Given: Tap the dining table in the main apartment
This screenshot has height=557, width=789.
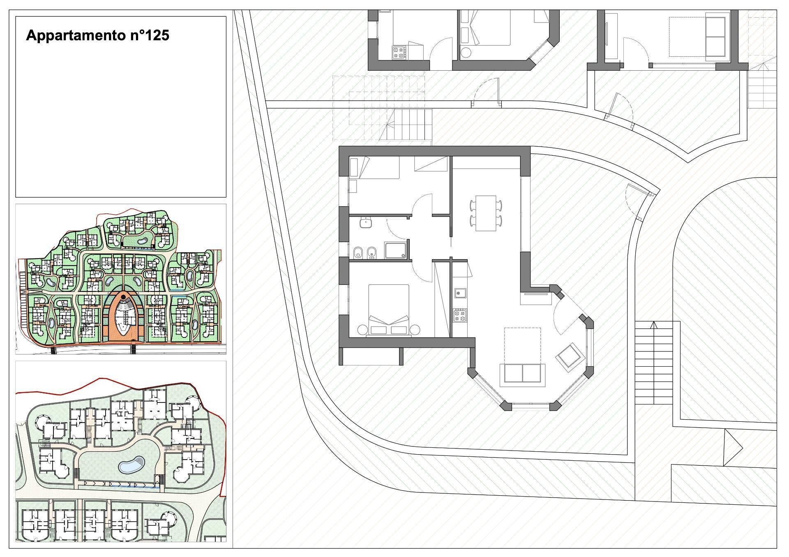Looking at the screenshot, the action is pyautogui.click(x=486, y=213).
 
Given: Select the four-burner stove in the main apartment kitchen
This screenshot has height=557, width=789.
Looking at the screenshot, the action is pyautogui.click(x=459, y=316).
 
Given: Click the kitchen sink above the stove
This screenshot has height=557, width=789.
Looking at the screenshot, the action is pyautogui.click(x=459, y=293).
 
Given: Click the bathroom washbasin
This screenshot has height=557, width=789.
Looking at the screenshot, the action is pyautogui.click(x=365, y=223).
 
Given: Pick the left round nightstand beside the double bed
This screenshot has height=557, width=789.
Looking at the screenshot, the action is pyautogui.click(x=362, y=330).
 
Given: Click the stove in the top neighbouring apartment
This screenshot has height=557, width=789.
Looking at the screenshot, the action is pyautogui.click(x=398, y=52).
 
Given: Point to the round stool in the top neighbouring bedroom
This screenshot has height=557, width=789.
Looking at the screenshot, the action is pyautogui.click(x=466, y=53).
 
